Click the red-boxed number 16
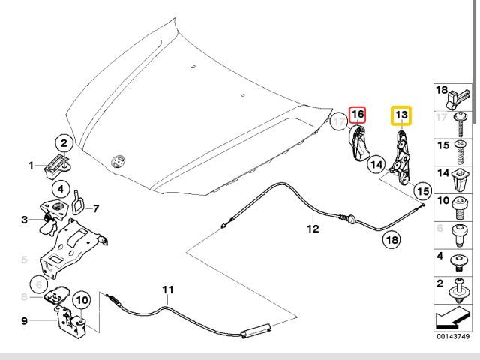(x=358, y=114)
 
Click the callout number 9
(x=25, y=321)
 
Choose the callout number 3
(x=25, y=219)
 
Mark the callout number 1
(x=31, y=166)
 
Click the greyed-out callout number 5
(x=25, y=260)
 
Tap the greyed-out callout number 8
(x=25, y=297)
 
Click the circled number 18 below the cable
(x=391, y=241)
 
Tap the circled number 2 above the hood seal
(x=64, y=142)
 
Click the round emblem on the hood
(x=116, y=161)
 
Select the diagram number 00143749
(x=454, y=337)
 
